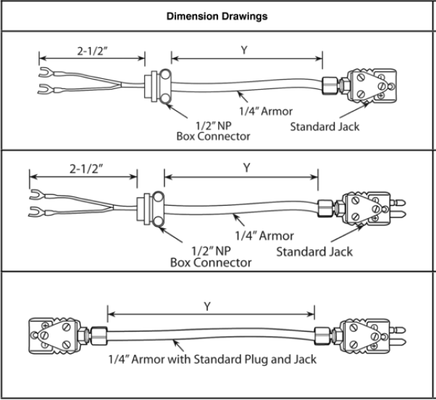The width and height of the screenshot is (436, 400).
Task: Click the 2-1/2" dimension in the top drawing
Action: click(x=93, y=51)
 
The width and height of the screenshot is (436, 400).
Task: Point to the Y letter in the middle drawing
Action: click(x=246, y=167)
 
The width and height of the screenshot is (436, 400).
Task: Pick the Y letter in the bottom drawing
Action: click(x=207, y=306)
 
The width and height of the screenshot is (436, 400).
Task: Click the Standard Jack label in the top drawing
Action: click(x=324, y=127)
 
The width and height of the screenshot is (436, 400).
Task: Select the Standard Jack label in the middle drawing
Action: click(x=315, y=251)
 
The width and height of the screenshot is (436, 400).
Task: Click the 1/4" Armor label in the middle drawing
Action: click(x=264, y=236)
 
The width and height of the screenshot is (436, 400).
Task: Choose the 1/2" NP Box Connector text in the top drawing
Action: click(x=214, y=130)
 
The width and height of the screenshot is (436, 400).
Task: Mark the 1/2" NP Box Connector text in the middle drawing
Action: click(x=211, y=256)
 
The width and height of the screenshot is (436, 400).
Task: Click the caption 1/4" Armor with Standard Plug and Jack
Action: click(x=212, y=359)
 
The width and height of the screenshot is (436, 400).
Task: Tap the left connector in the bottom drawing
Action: click(x=51, y=334)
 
